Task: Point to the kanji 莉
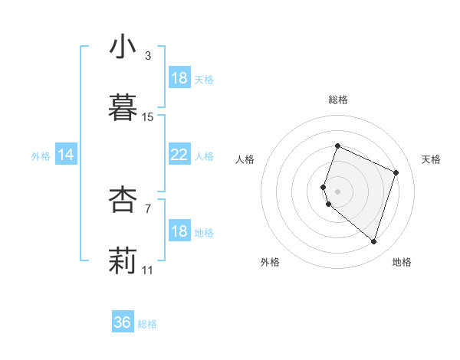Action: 123,260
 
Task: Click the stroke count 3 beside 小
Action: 148,56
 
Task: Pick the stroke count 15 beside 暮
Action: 148,117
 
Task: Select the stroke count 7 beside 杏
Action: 148,208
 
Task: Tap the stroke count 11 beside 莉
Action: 148,270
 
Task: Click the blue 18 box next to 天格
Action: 179,78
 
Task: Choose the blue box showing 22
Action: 179,155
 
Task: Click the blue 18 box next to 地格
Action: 179,231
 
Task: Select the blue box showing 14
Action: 66,155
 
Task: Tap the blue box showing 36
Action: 123,322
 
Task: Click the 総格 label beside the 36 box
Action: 147,324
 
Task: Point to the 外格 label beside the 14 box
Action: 41,156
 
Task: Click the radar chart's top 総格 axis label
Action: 337,100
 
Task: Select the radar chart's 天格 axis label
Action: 431,159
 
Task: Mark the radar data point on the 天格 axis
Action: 396,172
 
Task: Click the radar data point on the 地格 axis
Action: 373,242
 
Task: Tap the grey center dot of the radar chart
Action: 337,191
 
